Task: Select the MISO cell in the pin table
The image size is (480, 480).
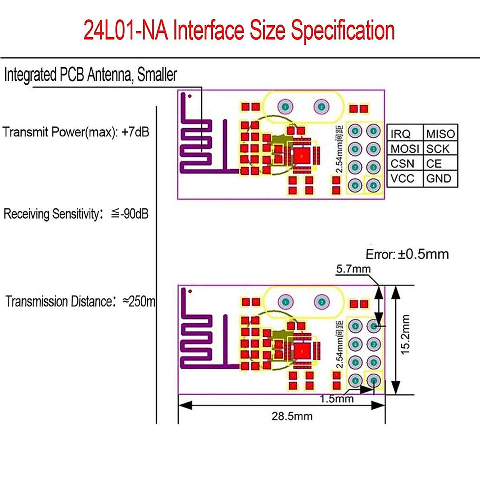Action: coord(440,134)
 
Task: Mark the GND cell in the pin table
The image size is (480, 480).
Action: coord(439,178)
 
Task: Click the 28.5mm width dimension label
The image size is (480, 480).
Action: coord(292,416)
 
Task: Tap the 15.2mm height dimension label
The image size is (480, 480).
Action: coord(406,334)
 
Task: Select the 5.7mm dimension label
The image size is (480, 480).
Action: coord(353,269)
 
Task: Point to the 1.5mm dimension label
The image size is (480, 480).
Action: coord(337,399)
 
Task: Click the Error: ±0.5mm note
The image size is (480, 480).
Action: coord(407,254)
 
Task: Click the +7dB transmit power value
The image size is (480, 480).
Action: coord(135,132)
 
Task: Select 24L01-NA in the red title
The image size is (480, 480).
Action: coord(126,31)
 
